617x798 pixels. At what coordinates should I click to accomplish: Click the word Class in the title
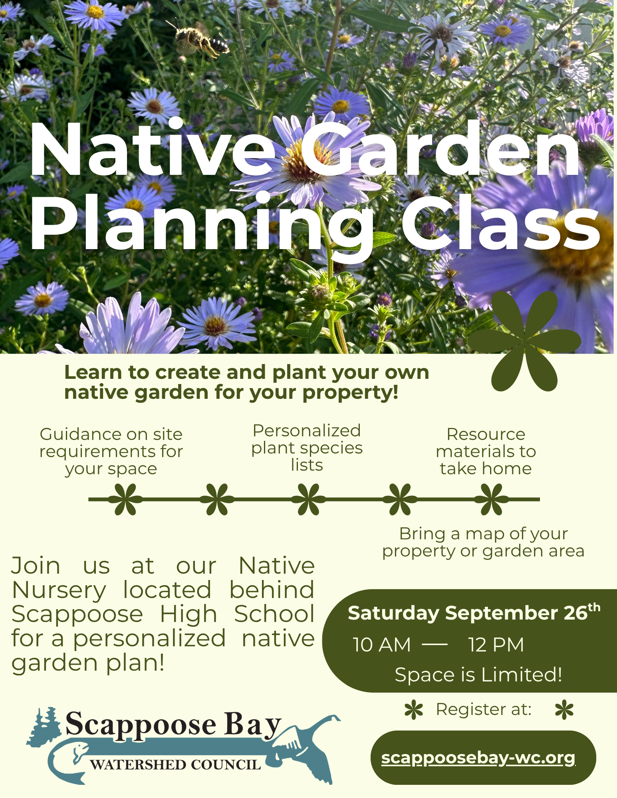pos(501,224)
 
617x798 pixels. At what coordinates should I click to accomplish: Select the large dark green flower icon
pos(524,341)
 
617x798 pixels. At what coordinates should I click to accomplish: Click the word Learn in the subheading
pos(93,372)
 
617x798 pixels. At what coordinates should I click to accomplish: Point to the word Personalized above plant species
pos(307,431)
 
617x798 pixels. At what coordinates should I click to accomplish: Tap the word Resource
pos(486,434)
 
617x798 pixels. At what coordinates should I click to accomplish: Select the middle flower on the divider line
pos(308,499)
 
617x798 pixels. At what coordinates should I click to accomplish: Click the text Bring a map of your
pos(483,534)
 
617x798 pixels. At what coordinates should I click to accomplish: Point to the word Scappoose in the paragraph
pos(77,614)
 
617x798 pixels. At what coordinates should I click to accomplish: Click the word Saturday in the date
pos(393,613)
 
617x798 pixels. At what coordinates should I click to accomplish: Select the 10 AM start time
pos(382,645)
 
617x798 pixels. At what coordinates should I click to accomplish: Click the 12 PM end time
pos(496,645)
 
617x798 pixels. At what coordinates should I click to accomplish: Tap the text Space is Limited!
pos(478,675)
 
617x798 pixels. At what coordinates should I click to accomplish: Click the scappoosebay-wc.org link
pos(478,758)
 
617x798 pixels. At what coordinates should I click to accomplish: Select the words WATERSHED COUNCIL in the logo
pos(175,765)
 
